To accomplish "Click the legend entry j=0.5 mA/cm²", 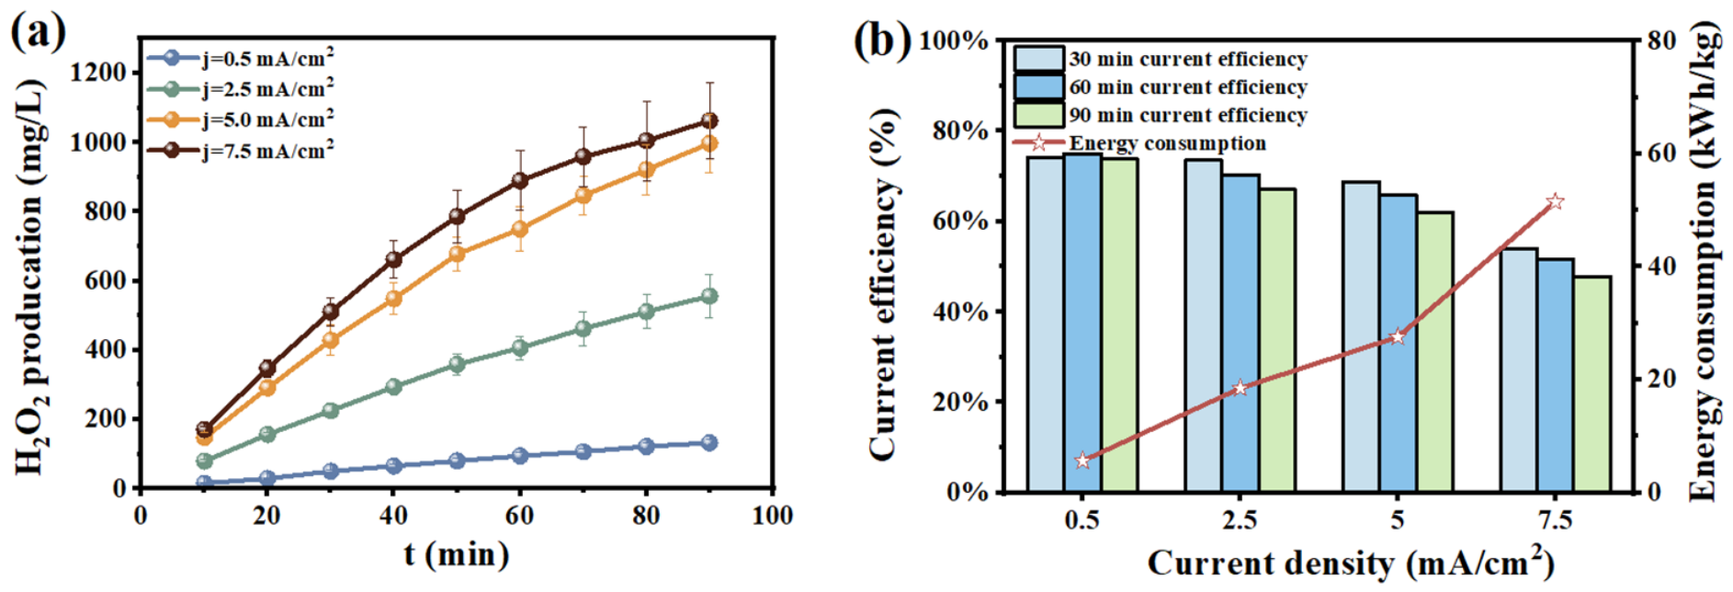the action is pos(241,58).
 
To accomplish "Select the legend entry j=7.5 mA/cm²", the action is pos(241,149).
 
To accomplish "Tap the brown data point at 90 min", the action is pos(709,120).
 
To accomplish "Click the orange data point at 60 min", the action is pos(519,229).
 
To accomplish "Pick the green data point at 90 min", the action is pos(709,296).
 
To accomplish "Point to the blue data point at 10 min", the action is pos(204,483).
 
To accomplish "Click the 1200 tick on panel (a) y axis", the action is pos(98,73).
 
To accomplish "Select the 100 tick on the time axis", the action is pos(772,516).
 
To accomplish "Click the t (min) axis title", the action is pos(457,554).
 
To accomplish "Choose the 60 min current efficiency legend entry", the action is pos(1161,87).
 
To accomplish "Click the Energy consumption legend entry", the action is pos(1139,143).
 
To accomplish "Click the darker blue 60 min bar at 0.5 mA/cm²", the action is pos(1082,323).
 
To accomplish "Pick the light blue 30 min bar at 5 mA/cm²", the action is pos(1361,336).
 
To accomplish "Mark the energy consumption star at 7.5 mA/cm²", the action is pos(1555,201).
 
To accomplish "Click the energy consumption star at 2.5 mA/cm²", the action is pos(1240,388).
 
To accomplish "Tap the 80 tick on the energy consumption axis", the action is pos(1662,41).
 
